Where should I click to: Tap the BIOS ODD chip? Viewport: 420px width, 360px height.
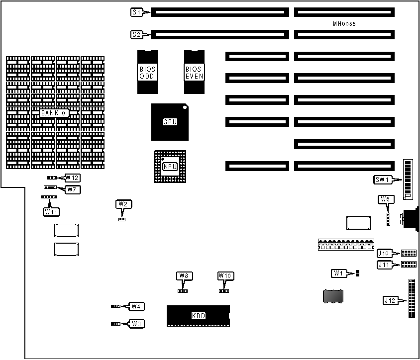click(x=147, y=73)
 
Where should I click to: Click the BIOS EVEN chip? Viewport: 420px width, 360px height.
click(x=194, y=73)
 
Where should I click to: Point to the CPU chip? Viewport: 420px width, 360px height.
click(x=170, y=122)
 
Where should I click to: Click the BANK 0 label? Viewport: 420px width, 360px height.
click(x=53, y=113)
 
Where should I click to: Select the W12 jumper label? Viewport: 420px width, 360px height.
click(x=73, y=178)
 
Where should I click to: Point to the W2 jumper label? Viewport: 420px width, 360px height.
click(x=123, y=204)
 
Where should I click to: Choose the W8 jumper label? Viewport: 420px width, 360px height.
click(x=184, y=276)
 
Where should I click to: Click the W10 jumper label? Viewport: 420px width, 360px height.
click(x=225, y=276)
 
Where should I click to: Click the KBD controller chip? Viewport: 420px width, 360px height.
click(x=198, y=316)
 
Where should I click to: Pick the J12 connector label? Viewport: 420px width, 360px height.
click(x=390, y=300)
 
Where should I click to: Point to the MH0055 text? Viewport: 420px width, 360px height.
click(x=344, y=24)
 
